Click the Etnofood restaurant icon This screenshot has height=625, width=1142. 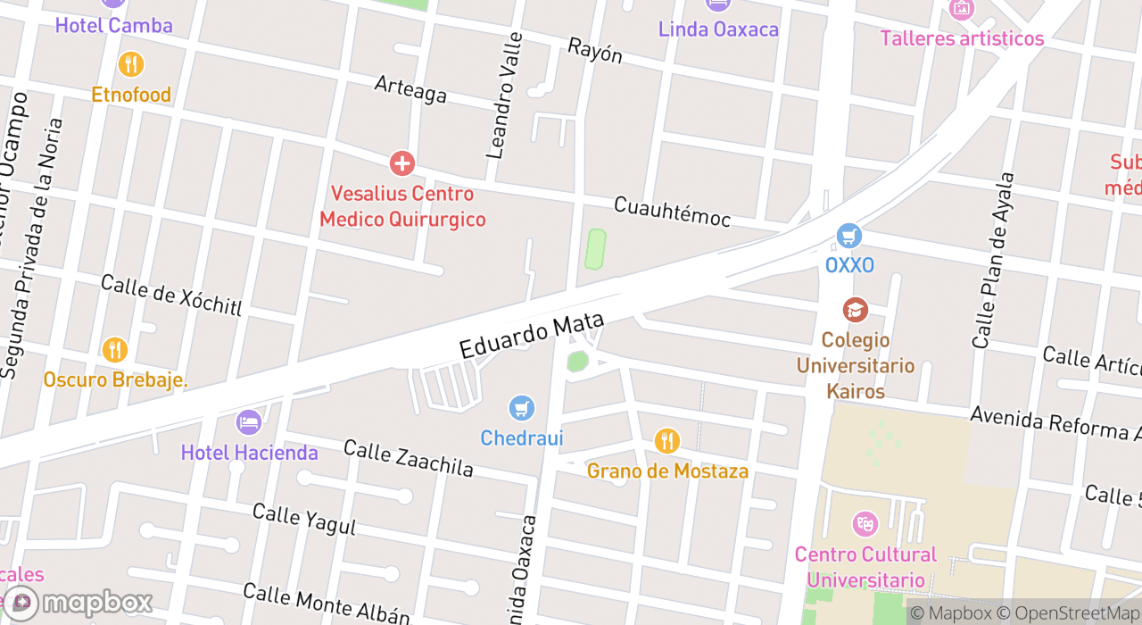point(131,64)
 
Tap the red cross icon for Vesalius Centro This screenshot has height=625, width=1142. point(402,163)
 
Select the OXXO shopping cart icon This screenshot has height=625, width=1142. point(849,236)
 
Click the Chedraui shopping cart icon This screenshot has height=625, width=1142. point(522,409)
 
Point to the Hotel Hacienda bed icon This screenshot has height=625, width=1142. point(249,421)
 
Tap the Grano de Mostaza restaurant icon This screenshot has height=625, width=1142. point(666,440)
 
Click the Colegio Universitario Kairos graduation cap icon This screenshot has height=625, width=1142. point(856,310)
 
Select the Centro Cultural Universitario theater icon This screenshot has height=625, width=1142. point(865,523)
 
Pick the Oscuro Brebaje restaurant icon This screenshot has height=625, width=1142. point(115,349)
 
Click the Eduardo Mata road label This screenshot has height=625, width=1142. point(532,335)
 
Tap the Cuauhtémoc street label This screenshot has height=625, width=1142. point(672,212)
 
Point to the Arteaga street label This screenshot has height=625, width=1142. point(410,88)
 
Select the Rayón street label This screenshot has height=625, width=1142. point(595,51)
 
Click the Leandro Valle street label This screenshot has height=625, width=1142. point(504,96)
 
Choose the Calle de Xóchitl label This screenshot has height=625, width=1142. point(171,295)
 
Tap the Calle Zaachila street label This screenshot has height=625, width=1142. point(408,458)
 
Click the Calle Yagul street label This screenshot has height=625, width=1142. point(303,519)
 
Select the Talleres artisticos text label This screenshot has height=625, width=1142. point(962,38)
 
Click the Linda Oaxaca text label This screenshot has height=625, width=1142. point(718,29)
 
